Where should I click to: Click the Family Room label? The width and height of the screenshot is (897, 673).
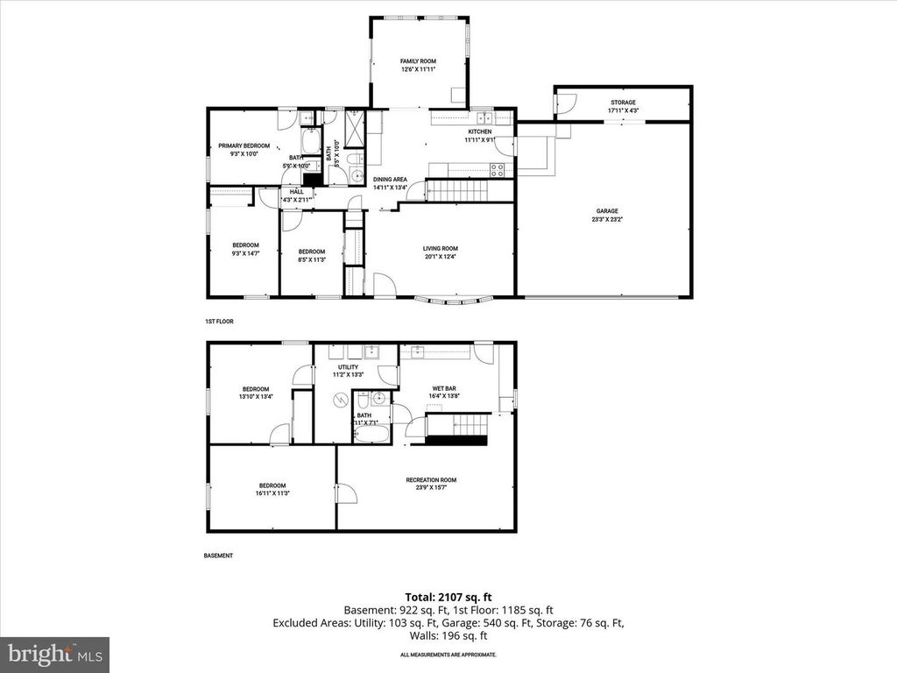(418, 61)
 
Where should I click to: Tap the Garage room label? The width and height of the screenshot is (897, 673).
(608, 211)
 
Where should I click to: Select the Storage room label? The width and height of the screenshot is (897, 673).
(624, 103)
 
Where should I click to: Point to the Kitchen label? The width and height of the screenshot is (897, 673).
(479, 131)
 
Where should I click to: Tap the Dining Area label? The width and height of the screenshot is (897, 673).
(390, 179)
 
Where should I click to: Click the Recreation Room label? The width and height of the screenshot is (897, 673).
(431, 479)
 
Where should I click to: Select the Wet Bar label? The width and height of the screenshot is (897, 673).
(444, 388)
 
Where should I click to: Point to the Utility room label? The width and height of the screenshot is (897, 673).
(348, 367)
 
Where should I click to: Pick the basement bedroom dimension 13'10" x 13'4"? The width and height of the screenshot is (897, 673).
(256, 397)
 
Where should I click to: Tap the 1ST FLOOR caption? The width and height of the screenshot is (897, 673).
(219, 322)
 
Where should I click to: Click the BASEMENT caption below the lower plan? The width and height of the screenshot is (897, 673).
(218, 556)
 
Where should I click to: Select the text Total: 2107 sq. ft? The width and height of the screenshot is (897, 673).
(448, 598)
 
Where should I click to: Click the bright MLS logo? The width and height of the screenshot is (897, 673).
(54, 654)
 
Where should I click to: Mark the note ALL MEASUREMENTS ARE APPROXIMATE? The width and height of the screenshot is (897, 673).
(448, 655)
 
